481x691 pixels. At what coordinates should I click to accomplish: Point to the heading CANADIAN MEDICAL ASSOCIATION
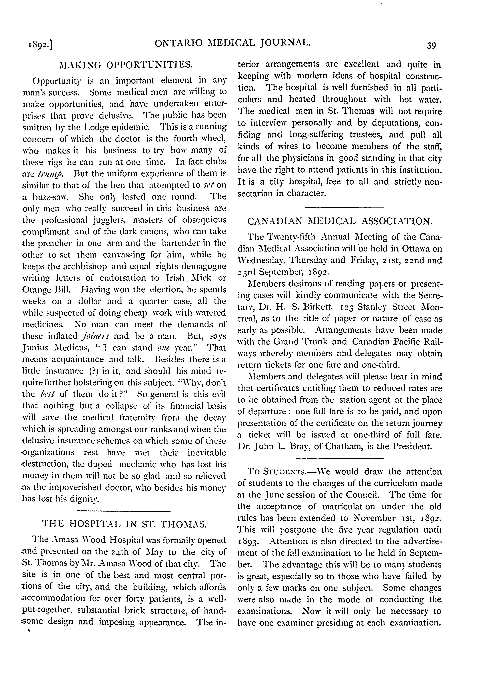(340, 221)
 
